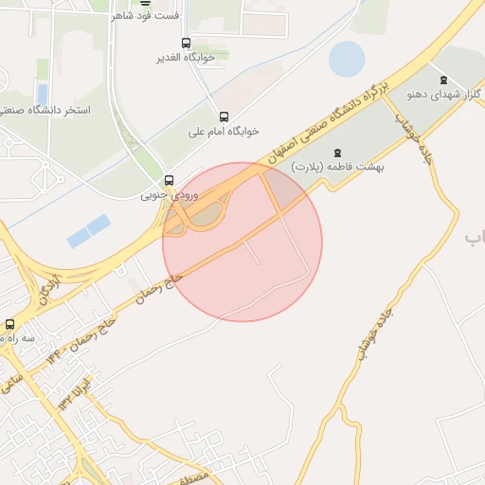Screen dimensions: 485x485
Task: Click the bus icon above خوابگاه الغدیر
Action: click(186, 43)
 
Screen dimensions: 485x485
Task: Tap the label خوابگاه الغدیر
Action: click(186, 58)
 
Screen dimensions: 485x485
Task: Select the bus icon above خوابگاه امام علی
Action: click(224, 117)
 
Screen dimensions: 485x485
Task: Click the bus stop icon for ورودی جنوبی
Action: click(170, 180)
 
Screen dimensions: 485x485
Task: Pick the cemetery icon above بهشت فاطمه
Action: click(335, 153)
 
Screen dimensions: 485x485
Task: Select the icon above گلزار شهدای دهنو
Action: click(443, 79)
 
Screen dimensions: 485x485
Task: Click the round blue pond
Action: click(347, 60)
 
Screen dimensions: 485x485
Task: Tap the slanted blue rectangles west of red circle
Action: click(89, 230)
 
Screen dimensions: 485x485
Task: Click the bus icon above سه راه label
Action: click(9, 324)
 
